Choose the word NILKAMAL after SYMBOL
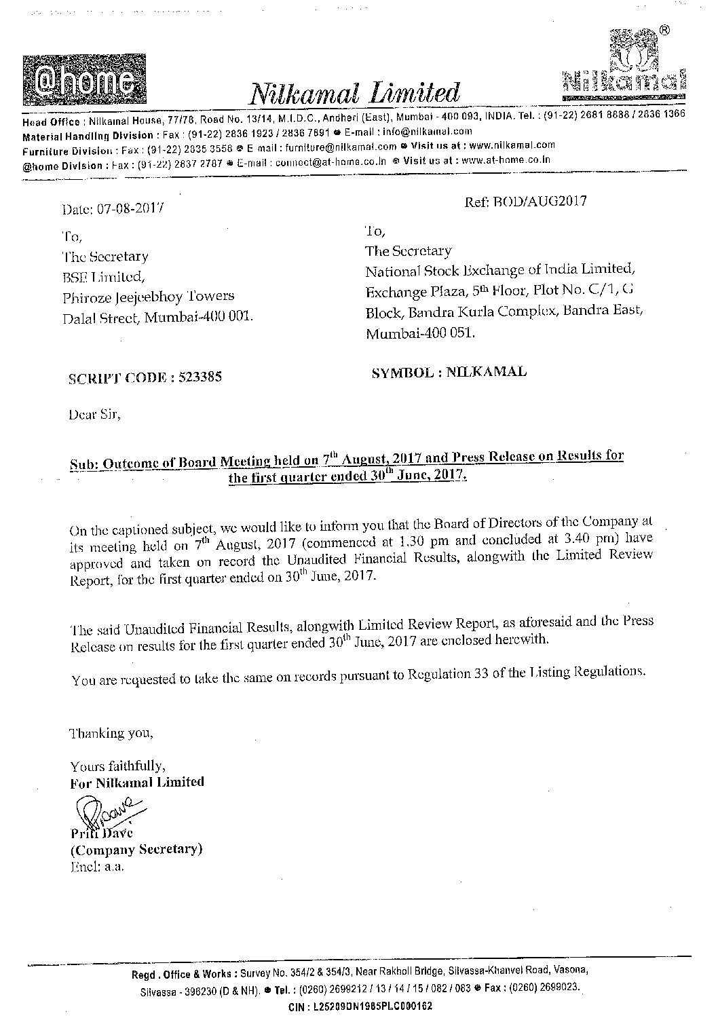click(487, 372)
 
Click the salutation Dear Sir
click(94, 414)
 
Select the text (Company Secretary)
click(136, 849)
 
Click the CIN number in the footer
click(373, 1006)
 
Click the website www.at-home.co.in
click(505, 161)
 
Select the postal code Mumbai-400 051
click(421, 333)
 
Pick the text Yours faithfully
click(117, 766)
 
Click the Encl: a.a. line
click(97, 866)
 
